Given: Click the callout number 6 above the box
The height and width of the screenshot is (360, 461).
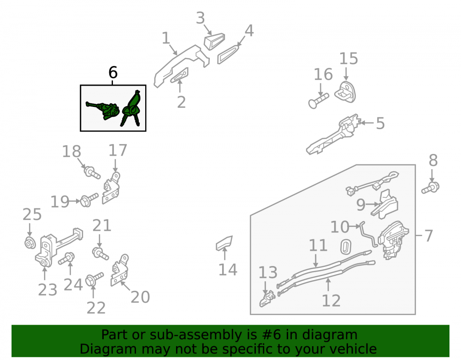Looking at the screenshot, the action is click(x=113, y=72).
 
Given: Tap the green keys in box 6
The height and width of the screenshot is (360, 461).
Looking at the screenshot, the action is click(x=131, y=108).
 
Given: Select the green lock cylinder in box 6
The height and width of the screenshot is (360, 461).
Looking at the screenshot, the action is click(x=103, y=110).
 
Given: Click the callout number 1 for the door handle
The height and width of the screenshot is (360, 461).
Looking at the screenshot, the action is click(x=166, y=38).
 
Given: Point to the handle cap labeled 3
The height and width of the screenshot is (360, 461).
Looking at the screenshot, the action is click(x=214, y=41).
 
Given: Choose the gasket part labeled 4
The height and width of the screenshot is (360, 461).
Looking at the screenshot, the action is click(x=229, y=54).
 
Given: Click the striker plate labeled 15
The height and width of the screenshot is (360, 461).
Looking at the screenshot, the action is click(x=345, y=92).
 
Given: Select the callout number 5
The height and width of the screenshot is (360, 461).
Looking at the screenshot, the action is click(x=380, y=123).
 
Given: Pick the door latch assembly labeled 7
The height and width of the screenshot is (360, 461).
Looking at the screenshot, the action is click(x=393, y=240).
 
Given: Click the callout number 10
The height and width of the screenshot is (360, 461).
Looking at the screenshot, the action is click(x=340, y=227).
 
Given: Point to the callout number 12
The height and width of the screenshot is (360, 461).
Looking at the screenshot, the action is click(x=331, y=301).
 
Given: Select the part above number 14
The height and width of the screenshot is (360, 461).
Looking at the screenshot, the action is click(x=225, y=243).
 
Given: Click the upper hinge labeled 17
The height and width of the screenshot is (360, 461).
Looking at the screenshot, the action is click(x=111, y=188).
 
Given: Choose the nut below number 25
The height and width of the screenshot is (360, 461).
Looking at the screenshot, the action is click(x=30, y=243).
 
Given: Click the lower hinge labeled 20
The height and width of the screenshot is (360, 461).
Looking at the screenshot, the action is click(x=119, y=270).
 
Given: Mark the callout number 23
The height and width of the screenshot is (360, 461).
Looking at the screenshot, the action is click(x=47, y=290).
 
